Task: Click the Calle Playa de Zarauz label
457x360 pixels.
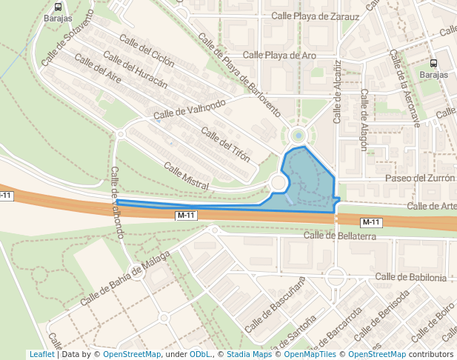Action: tap(316, 16)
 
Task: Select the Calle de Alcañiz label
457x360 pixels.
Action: tap(338, 91)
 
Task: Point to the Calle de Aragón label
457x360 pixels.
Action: tap(364, 120)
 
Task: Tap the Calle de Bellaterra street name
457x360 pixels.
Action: tap(340, 236)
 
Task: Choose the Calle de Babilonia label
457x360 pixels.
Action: tap(410, 277)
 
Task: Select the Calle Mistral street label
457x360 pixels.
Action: tap(186, 176)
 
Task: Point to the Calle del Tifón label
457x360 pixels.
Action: tap(225, 145)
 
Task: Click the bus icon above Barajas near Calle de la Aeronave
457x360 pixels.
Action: tap(433, 64)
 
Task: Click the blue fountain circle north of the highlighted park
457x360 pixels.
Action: tap(298, 136)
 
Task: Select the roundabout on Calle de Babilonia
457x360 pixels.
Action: tap(336, 279)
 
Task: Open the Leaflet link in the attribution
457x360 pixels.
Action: tap(41, 355)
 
